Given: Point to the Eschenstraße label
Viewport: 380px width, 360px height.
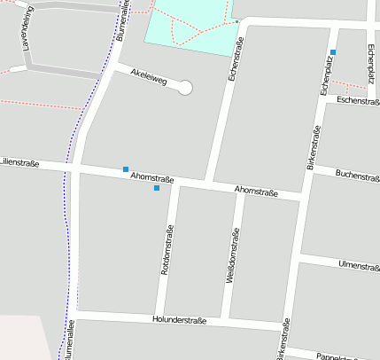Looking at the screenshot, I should pyautogui.click(x=358, y=102).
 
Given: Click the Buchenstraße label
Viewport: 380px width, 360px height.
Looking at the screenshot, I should pyautogui.click(x=358, y=177).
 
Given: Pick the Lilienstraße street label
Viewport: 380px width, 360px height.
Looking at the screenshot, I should pyautogui.click(x=19, y=162).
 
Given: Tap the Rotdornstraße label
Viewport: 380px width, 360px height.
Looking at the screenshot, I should pyautogui.click(x=167, y=249).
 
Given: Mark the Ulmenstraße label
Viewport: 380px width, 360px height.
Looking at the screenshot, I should pyautogui.click(x=359, y=265).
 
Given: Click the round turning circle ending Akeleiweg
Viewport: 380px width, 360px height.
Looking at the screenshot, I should pyautogui.click(x=185, y=87).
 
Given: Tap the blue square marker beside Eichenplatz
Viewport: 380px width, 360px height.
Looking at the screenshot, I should pyautogui.click(x=333, y=52).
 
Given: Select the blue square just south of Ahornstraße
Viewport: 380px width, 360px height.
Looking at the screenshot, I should pyautogui.click(x=157, y=188).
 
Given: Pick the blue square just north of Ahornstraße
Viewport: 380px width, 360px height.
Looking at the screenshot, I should pyautogui.click(x=126, y=168).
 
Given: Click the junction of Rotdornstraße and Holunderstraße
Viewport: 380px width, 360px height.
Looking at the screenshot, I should pyautogui.click(x=163, y=317).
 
